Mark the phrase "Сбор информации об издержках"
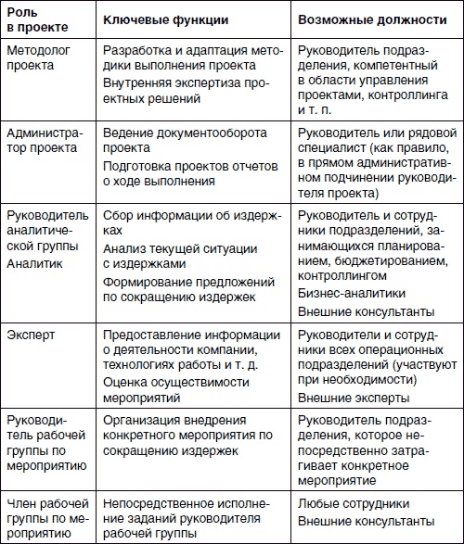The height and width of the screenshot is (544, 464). tap(189, 222)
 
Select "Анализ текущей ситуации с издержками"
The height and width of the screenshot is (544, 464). tap(174, 255)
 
